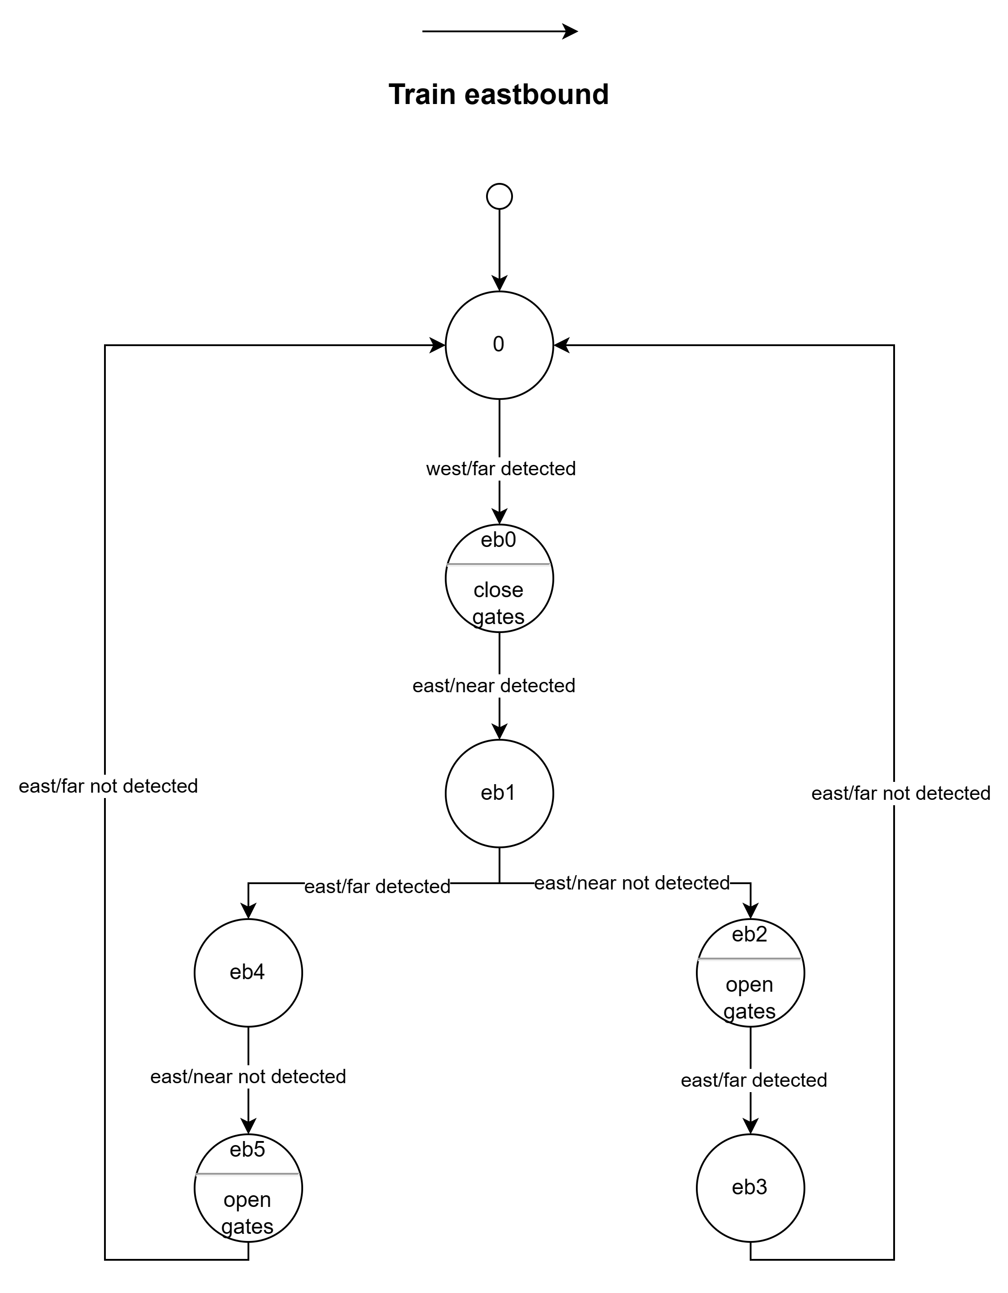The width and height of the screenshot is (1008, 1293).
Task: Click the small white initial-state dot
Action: tap(499, 196)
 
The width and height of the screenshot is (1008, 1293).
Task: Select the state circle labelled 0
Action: tap(499, 345)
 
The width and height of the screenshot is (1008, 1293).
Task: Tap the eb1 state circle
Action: tap(499, 793)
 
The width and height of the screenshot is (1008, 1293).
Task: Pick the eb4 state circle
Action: tap(248, 973)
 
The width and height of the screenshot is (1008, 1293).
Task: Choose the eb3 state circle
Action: tap(750, 1188)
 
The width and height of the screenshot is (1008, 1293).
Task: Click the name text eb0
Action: tap(499, 540)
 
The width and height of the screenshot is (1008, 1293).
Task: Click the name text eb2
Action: tap(750, 934)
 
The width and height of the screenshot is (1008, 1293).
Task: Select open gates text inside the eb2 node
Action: tap(750, 998)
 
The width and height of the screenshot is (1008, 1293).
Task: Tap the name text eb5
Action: tap(248, 1150)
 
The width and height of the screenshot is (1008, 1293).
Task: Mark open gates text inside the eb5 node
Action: tap(248, 1213)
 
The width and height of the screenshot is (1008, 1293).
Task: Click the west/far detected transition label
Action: tap(501, 469)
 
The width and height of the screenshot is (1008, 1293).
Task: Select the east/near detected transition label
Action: tap(494, 686)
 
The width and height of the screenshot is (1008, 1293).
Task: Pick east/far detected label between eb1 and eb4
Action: tap(377, 886)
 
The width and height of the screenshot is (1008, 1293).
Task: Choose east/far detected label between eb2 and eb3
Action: tap(754, 1080)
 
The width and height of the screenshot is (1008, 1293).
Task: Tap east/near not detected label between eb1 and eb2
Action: tap(632, 883)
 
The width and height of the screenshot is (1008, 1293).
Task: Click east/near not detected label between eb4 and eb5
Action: tap(248, 1076)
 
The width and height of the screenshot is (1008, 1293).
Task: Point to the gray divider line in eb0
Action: tap(499, 565)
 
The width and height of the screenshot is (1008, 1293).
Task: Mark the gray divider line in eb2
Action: tap(750, 959)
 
